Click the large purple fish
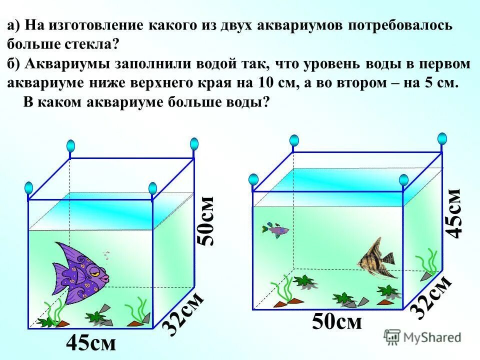(x=80, y=272)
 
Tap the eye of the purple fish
(x=94, y=270)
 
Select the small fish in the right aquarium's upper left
(x=275, y=230)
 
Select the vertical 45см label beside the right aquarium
(x=454, y=212)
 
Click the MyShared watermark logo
(x=423, y=337)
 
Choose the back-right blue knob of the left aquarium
(x=194, y=144)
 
